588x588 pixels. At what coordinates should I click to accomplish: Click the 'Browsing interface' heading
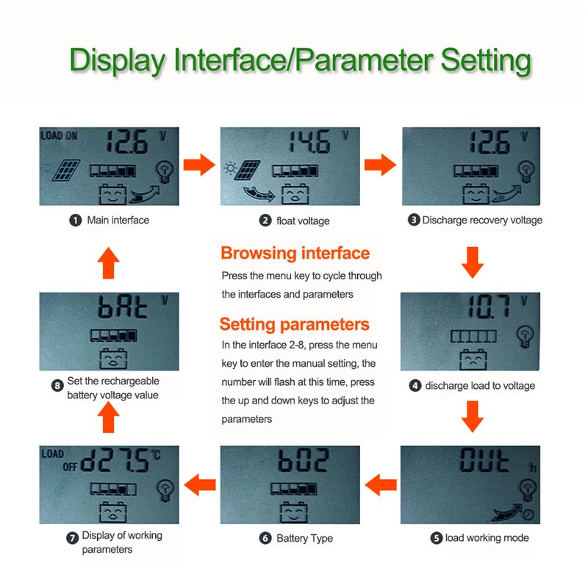[x=295, y=254]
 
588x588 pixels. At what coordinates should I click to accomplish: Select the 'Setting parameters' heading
[x=294, y=324]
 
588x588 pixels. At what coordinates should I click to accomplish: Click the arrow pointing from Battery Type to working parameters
[x=199, y=484]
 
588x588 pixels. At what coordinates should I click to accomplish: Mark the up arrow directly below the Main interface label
[x=108, y=262]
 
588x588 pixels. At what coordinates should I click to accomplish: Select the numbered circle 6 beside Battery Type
[x=265, y=538]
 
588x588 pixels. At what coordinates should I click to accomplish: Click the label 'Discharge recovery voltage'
[x=481, y=220]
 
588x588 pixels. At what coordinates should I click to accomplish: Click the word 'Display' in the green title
[x=118, y=60]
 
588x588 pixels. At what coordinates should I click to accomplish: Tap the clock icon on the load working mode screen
[x=528, y=514]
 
